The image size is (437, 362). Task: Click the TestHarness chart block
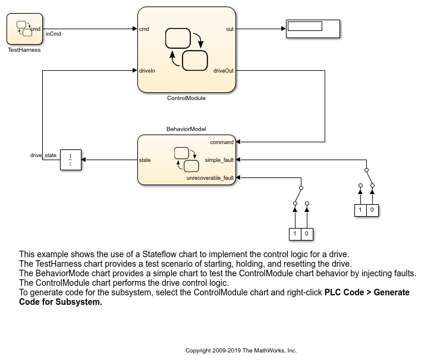[24, 29]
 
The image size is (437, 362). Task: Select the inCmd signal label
[54, 34]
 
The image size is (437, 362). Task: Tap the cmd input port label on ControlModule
[144, 29]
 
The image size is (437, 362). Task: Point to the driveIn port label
[147, 71]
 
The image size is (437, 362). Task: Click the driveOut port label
[224, 71]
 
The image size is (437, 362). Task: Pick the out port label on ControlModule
[230, 29]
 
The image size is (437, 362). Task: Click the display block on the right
[313, 29]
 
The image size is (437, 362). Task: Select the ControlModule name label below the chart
[186, 98]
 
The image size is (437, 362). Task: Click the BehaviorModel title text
[186, 129]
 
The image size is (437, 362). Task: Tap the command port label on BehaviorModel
[222, 142]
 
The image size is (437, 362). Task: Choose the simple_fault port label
[219, 160]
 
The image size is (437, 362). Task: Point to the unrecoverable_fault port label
[210, 178]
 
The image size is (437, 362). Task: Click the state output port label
[145, 160]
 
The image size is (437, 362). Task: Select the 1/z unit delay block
[71, 160]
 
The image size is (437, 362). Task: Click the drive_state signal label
[43, 155]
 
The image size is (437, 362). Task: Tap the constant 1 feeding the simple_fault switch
[360, 210]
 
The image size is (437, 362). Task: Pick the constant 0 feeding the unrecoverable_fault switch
[307, 234]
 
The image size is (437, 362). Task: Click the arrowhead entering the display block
[284, 29]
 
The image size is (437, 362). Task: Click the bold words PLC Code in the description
[344, 292]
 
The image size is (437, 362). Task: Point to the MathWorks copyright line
[241, 351]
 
